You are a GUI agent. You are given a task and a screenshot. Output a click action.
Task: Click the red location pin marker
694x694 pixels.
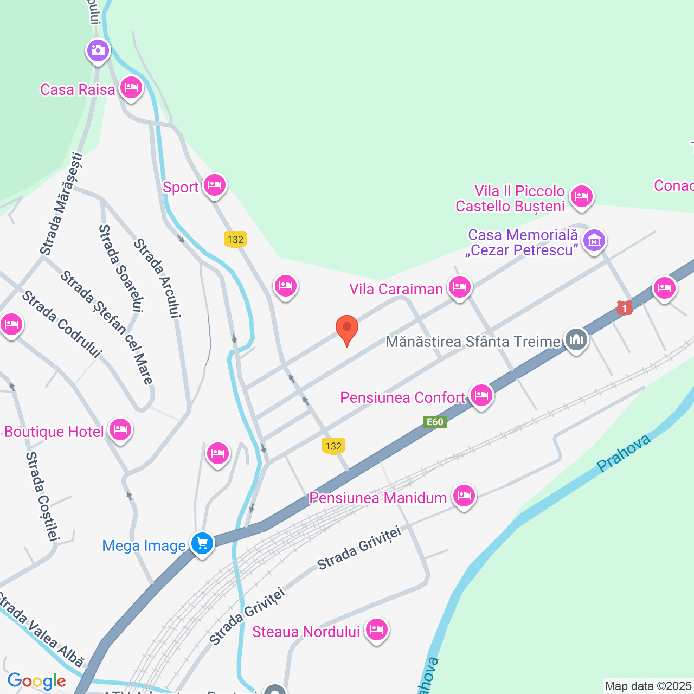[x=347, y=328]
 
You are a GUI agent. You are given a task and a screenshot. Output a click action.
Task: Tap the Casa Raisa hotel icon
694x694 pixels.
[x=131, y=87]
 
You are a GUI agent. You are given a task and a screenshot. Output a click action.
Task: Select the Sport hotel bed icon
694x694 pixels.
[x=215, y=185]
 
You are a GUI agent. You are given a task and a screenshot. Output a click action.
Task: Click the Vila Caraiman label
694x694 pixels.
[x=396, y=289]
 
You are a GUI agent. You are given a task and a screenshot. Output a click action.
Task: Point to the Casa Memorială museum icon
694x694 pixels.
[x=594, y=239]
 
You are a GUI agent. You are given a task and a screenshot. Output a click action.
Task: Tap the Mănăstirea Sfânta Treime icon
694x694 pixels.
[x=576, y=340]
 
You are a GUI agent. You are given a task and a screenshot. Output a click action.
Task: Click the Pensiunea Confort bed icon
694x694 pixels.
[x=481, y=396]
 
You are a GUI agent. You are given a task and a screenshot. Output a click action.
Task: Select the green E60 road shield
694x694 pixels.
[x=435, y=422]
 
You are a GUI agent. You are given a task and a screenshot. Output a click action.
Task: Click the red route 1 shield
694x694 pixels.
[x=625, y=309]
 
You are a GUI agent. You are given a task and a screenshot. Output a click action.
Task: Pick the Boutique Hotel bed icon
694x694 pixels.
[x=120, y=430]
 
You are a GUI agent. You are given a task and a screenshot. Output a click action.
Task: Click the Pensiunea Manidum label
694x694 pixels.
[x=378, y=498]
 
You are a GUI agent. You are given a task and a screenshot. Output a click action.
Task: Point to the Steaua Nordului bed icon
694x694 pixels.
[x=376, y=629]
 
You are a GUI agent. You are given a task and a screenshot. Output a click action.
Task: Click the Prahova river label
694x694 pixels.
[x=624, y=453]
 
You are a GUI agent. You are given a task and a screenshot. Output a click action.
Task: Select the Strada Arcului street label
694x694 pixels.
[x=157, y=278]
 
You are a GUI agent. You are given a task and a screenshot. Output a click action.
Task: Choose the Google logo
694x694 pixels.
[x=37, y=681]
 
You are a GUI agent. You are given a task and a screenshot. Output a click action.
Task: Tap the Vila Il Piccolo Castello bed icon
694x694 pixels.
[x=581, y=196]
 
